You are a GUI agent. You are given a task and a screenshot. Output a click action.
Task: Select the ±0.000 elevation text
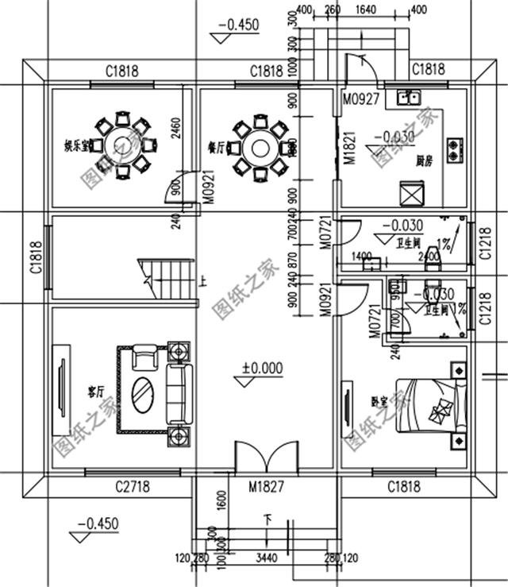tap(264, 369)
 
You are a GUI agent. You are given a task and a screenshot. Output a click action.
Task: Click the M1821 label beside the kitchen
tap(348, 147)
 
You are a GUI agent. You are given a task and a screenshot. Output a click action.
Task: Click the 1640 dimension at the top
tap(366, 10)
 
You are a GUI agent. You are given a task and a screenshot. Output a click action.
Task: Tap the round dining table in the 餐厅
tap(258, 146)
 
